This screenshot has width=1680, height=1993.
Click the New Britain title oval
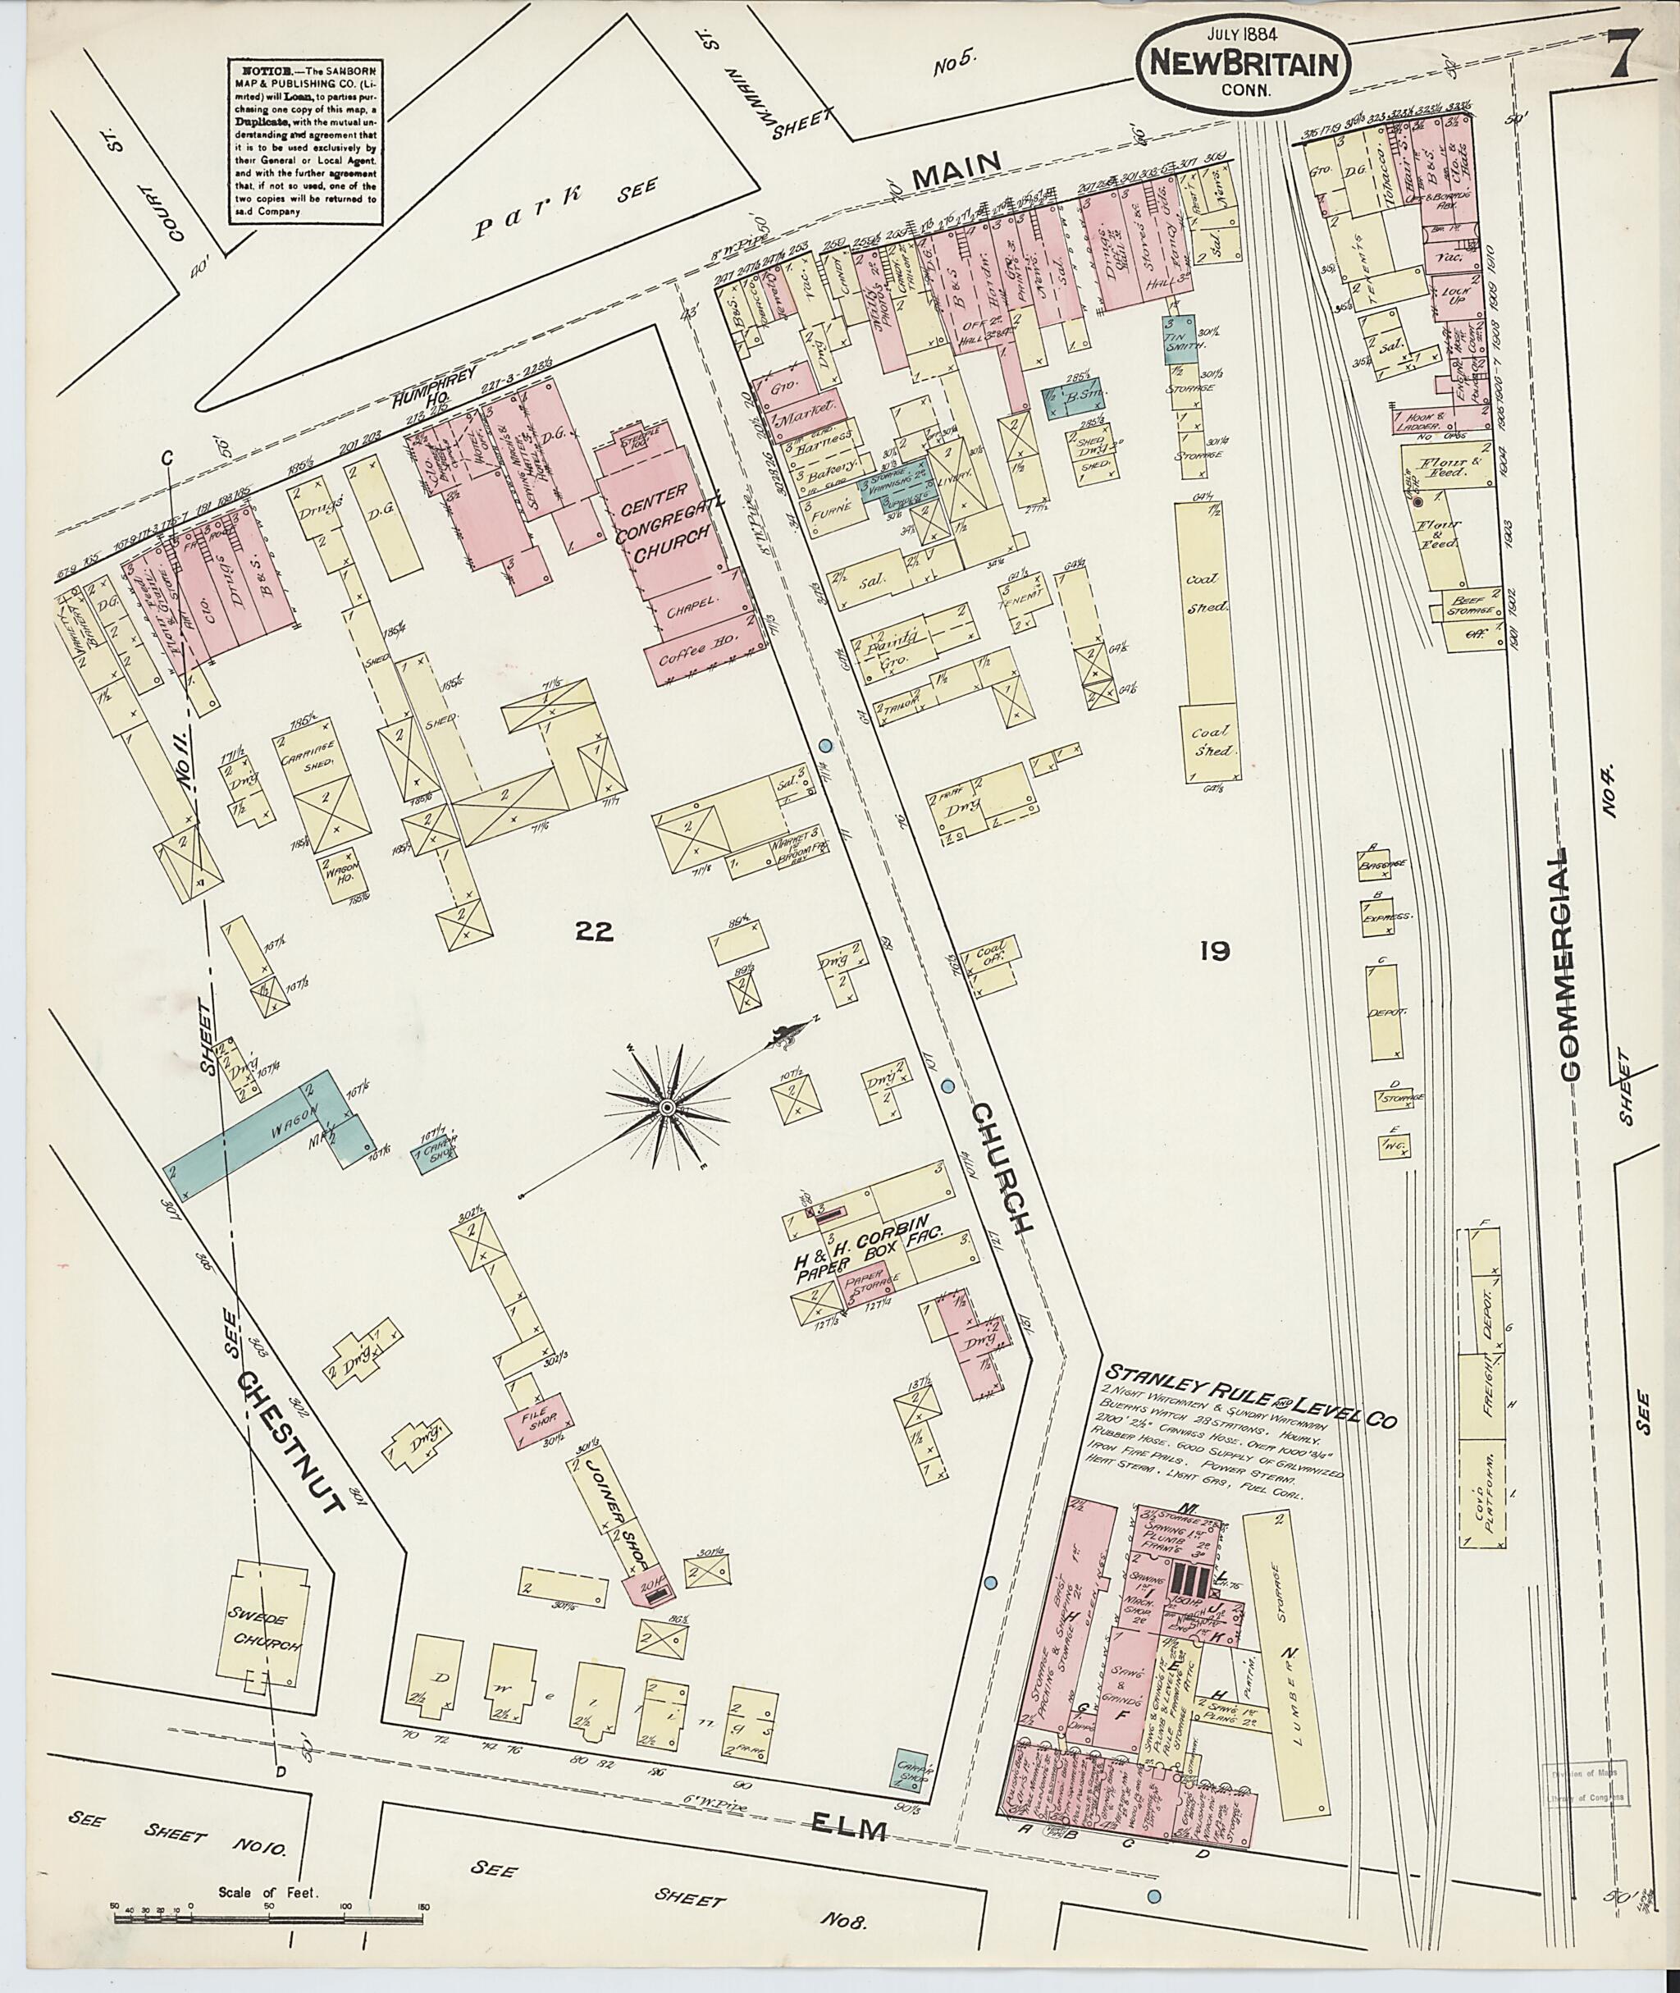pos(1241,64)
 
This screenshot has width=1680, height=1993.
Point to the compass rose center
pos(669,1108)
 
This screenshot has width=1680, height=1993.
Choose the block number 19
pos(1217,950)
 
